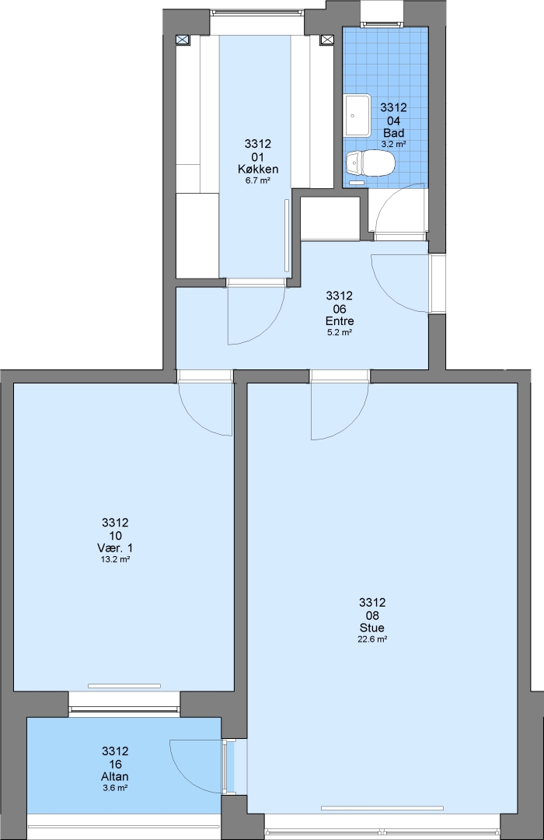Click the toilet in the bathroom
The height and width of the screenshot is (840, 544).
[370, 163]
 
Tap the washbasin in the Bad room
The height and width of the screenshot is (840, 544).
[357, 115]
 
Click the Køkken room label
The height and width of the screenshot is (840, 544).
[258, 170]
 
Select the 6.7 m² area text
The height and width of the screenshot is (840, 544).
[257, 180]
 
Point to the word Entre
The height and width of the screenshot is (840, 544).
[340, 321]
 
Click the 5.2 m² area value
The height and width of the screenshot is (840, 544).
[340, 333]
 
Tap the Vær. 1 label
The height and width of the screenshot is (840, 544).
[115, 548]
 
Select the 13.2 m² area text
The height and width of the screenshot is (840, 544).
[116, 559]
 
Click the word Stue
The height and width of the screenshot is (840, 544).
[372, 628]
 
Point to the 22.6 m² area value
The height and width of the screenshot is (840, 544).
[372, 639]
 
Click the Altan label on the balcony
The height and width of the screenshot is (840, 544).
[115, 777]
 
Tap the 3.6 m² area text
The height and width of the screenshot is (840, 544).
[115, 788]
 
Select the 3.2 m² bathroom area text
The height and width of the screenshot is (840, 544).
[393, 144]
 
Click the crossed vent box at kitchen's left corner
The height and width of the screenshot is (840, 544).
[183, 40]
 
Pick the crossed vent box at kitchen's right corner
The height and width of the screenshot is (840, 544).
[326, 40]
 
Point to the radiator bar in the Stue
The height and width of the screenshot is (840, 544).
[382, 808]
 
